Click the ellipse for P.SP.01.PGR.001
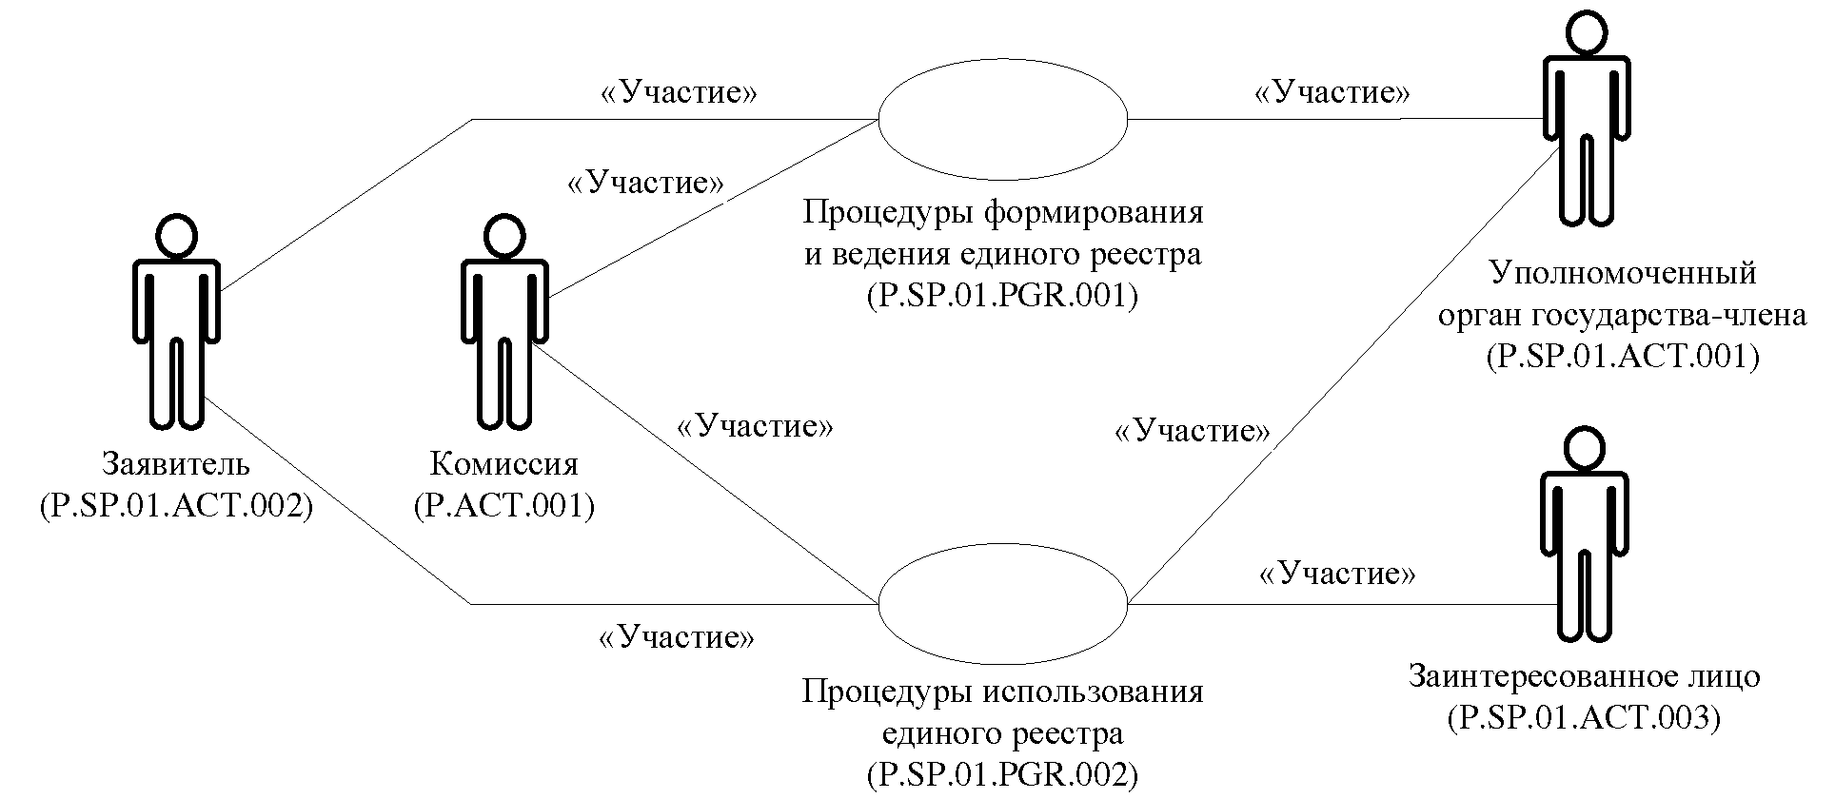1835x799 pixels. [x=1003, y=120]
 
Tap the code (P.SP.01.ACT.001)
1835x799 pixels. [x=1622, y=356]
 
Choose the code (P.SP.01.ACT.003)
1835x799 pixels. [x=1584, y=717]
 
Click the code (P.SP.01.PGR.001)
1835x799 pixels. [x=1003, y=296]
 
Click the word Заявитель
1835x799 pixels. [x=177, y=465]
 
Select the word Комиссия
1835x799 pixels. [x=504, y=465]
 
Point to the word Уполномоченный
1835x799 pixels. [x=1622, y=274]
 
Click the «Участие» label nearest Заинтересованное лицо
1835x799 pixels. [x=1336, y=574]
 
